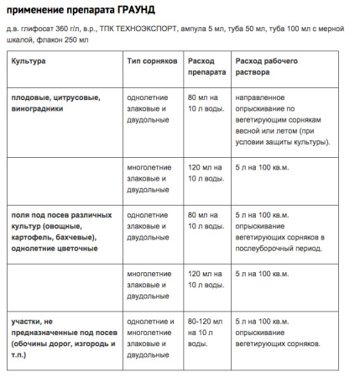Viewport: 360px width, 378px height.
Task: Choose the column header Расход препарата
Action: point(207,68)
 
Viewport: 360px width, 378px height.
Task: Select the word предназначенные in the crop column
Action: point(50,333)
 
